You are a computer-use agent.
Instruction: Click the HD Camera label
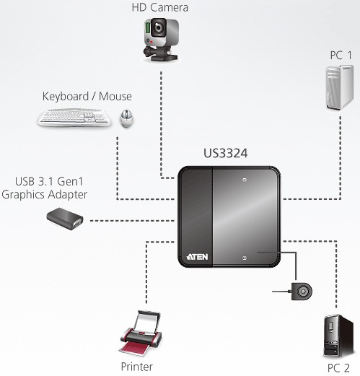(x=160, y=7)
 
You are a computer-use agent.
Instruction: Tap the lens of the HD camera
(x=159, y=28)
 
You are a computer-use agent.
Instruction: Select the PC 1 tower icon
(x=340, y=88)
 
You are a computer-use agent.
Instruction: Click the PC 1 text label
(x=341, y=56)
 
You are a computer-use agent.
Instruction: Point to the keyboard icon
(x=74, y=118)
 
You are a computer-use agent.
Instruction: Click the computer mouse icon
(x=126, y=118)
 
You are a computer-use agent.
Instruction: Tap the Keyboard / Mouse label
(x=87, y=97)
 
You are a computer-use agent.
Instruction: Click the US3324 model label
(x=226, y=154)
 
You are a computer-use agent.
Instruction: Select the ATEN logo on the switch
(x=197, y=257)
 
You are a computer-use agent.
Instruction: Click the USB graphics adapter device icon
(x=65, y=219)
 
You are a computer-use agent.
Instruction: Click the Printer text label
(x=136, y=367)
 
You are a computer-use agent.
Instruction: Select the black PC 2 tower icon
(x=338, y=336)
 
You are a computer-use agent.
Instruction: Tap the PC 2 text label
(x=338, y=368)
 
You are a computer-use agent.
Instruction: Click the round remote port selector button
(x=302, y=292)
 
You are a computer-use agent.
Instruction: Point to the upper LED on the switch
(x=245, y=180)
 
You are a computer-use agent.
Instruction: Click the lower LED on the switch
(x=245, y=258)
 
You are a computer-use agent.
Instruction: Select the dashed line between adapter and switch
(x=132, y=220)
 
